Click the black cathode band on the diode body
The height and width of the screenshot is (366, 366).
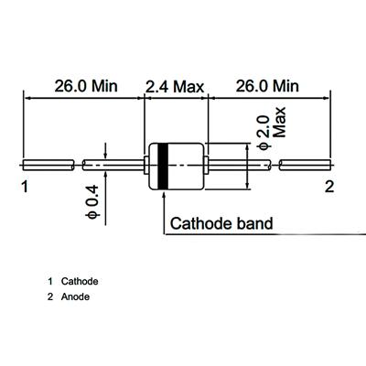coord(163,166)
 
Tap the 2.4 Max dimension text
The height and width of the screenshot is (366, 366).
coord(175,87)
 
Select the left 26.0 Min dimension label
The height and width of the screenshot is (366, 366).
coord(86,86)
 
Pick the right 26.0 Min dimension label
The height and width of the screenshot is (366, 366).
coord(267,86)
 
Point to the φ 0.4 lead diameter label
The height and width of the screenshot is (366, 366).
coord(92,201)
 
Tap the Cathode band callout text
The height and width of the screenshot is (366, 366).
coord(221,223)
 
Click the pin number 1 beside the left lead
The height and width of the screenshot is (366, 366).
coord(25,187)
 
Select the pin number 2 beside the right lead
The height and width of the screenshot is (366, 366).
coord(329,187)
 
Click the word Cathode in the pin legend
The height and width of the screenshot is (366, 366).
coord(80,281)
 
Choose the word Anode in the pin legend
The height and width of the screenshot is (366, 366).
coord(75,296)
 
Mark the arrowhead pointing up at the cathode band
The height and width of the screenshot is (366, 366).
coord(165,194)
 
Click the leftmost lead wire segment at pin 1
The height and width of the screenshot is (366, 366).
coord(48,165)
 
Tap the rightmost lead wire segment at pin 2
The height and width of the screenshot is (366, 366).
coord(305,165)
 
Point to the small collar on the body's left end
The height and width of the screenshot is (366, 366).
coord(145,166)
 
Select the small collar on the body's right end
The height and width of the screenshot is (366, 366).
coord(206,166)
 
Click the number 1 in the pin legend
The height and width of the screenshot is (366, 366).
coord(50,281)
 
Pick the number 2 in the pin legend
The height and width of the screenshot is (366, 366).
coord(50,296)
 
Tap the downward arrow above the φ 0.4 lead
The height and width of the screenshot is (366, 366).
coord(105,151)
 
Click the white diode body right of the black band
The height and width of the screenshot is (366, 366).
coord(186,166)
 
